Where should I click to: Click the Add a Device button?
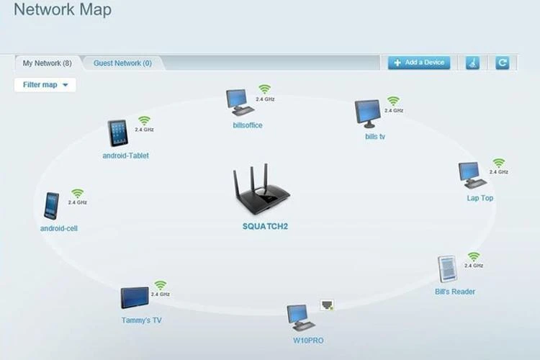pyautogui.click(x=419, y=63)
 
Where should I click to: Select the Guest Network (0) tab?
pyautogui.click(x=122, y=63)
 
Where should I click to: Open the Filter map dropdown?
pyautogui.click(x=45, y=85)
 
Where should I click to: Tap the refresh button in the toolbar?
pyautogui.click(x=503, y=63)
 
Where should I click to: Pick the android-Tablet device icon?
pyautogui.click(x=118, y=133)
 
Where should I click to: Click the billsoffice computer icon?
pyautogui.click(x=239, y=102)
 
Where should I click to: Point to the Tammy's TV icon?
pyautogui.click(x=135, y=298)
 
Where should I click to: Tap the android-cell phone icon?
pyautogui.click(x=51, y=205)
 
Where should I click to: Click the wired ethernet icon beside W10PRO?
pyautogui.click(x=327, y=305)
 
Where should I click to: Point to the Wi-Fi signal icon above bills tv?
pyautogui.click(x=393, y=101)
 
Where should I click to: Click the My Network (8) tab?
pyautogui.click(x=47, y=63)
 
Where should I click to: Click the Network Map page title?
pyautogui.click(x=63, y=10)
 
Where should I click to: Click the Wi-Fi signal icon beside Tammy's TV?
pyautogui.click(x=160, y=285)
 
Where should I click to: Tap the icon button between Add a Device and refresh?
pyautogui.click(x=473, y=63)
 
